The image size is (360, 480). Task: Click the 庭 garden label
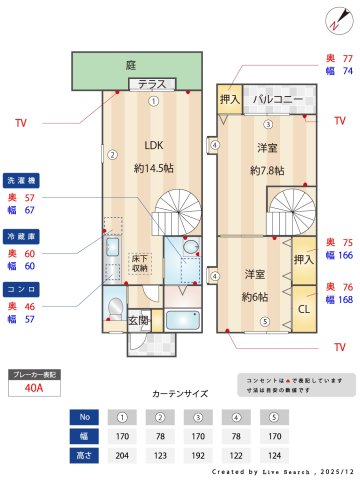(x=130, y=65)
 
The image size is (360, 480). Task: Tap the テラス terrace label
(x=152, y=84)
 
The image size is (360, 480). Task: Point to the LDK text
(x=153, y=142)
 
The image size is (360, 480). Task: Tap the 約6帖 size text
(x=253, y=297)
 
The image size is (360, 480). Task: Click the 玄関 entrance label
(x=139, y=320)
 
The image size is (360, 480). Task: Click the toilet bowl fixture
(x=116, y=307)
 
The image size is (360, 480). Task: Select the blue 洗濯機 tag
(x=21, y=180)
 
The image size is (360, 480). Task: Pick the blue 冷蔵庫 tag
(x=21, y=237)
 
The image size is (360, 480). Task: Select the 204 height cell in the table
(x=122, y=455)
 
